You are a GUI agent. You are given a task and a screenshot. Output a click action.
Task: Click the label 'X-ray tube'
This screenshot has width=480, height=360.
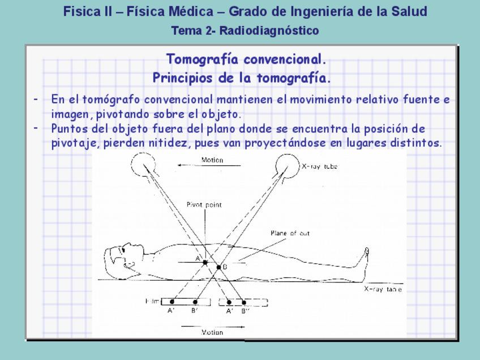click(320, 167)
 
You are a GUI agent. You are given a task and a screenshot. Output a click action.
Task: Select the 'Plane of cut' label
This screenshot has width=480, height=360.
click(290, 233)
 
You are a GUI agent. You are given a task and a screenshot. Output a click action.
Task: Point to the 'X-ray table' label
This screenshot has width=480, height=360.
click(383, 289)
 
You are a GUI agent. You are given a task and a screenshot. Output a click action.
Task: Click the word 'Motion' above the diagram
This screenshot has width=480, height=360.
click(212, 160)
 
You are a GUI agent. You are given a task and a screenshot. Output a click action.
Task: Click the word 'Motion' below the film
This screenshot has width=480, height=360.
click(212, 332)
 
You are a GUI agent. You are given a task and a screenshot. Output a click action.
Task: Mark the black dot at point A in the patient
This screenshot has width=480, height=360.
click(205, 262)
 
